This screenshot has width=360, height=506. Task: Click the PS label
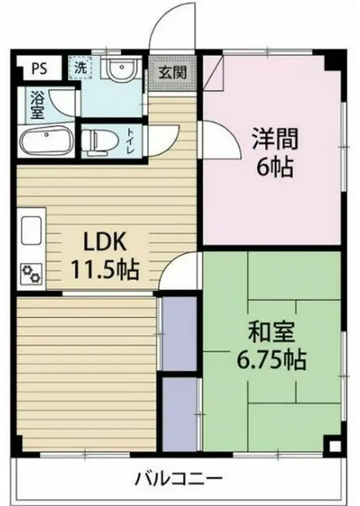pos(40,68)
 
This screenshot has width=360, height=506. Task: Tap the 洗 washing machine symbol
pos(80,67)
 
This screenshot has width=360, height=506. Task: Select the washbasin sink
pos(121,69)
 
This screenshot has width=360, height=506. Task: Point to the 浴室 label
pos(38,105)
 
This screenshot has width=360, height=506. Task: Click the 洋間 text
pos(274,139)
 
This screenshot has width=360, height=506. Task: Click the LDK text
pos(105,242)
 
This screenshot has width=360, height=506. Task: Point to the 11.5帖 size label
pos(105,269)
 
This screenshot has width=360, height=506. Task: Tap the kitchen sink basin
pos(31,230)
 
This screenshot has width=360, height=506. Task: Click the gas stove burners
pos(31,274)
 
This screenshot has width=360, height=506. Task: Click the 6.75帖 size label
pos(271,360)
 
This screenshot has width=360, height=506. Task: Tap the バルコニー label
pos(179,479)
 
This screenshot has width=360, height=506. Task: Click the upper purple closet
pos(179,334)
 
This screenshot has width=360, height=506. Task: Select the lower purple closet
pos(179,414)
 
